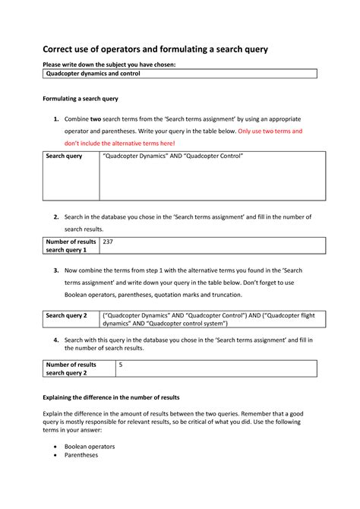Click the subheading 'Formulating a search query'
point(80,100)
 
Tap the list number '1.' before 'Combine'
point(55,119)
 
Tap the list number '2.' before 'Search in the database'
point(55,217)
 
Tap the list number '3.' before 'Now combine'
point(55,270)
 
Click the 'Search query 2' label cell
point(67,315)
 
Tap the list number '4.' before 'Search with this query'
point(55,340)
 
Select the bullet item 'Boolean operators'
point(95,447)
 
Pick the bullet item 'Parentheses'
point(86,457)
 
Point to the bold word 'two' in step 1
point(96,119)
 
